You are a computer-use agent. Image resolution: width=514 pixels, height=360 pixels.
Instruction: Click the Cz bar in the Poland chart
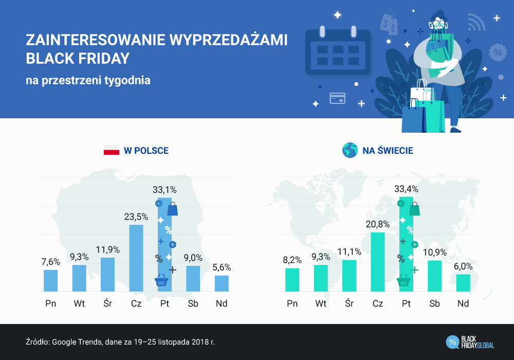136,258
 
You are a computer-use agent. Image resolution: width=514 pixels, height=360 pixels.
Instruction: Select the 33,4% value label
406,189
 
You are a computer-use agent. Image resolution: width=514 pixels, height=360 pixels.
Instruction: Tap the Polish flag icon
111,151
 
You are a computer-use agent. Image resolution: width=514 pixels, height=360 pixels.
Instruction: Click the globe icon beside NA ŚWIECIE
350,150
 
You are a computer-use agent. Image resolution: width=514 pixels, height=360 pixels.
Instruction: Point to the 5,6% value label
222,267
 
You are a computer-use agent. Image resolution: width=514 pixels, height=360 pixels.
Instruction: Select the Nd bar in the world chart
463,283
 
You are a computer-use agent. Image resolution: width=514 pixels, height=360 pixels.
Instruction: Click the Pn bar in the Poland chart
50,281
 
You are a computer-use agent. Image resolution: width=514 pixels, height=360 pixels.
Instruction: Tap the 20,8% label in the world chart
378,224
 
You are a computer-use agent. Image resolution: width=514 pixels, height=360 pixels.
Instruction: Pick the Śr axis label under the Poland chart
107,304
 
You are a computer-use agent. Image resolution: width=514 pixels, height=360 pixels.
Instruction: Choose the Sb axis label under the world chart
435,304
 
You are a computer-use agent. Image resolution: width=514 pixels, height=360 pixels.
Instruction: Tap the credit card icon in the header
337,98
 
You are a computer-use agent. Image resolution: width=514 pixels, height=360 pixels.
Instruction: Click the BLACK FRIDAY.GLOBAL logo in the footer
470,341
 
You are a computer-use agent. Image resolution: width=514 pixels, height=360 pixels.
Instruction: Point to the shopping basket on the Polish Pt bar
162,281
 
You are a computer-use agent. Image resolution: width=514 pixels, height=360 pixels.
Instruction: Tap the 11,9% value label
107,249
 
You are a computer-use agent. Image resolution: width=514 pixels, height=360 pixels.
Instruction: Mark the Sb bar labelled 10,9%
435,276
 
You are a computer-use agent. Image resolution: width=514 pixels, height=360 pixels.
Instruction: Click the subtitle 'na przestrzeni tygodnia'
88,80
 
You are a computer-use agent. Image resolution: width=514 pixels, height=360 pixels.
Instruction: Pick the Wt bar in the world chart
321,278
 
